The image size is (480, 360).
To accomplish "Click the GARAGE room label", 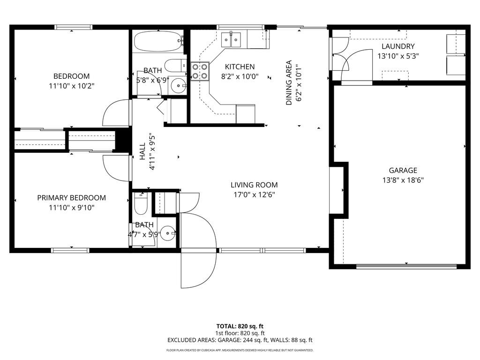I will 403,171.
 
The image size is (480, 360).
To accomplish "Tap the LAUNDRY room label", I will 398,46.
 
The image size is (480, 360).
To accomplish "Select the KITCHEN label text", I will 240,67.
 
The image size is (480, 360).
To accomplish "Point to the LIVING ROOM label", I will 254,185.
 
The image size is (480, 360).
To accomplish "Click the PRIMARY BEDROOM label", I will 71,198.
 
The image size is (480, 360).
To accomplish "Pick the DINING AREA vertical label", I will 289,82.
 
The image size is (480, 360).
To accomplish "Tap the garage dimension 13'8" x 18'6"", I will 403,180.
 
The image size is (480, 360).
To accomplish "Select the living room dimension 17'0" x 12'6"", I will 254,195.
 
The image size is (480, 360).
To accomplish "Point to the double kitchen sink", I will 231,39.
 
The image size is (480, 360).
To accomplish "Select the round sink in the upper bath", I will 177,86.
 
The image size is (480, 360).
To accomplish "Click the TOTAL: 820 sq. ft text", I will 240,326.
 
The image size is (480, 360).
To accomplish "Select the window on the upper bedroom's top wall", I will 71,27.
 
